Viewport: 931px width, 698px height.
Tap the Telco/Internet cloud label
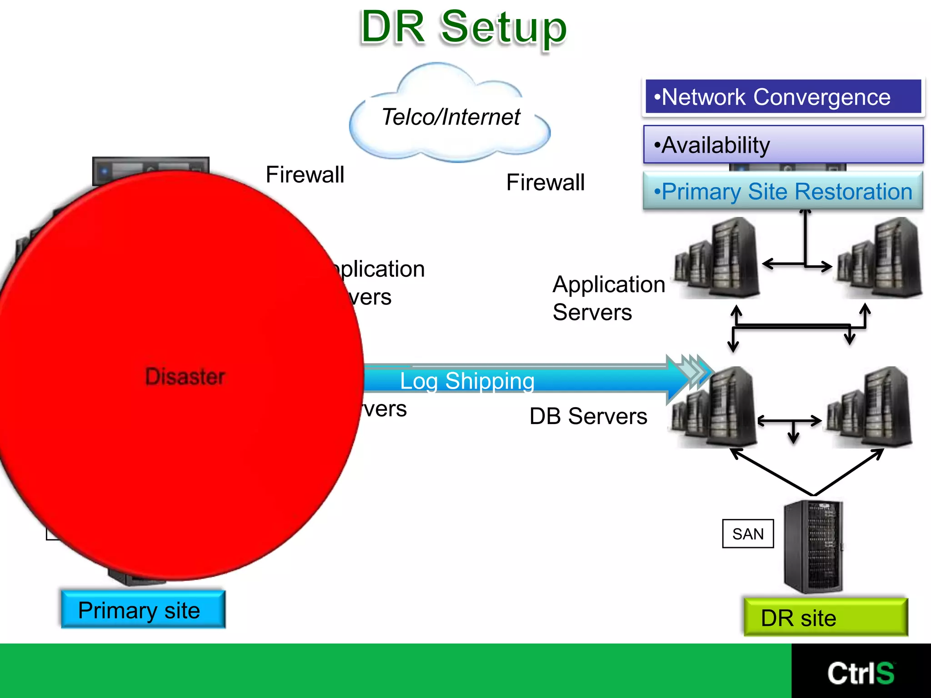pos(450,117)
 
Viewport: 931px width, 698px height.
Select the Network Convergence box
pos(783,97)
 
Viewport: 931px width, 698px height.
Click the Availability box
pos(783,145)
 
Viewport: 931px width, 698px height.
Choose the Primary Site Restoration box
pos(783,191)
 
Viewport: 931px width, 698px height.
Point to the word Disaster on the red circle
pos(185,377)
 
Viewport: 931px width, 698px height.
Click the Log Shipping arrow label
pos(467,381)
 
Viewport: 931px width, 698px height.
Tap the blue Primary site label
pos(143,610)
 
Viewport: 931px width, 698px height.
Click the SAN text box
pos(748,534)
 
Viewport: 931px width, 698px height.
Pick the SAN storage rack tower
pos(813,547)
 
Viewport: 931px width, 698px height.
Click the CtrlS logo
pos(861,673)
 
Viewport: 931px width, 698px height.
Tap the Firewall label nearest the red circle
pos(305,174)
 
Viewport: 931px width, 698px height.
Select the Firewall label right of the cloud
pos(545,183)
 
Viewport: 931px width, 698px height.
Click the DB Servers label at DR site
pos(588,416)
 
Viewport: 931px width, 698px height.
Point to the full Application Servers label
pos(608,298)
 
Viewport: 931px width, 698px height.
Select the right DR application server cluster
pos(880,258)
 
